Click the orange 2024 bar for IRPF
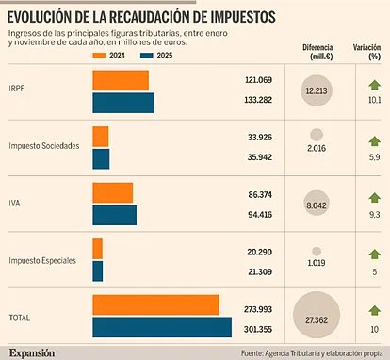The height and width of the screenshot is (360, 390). [x=120, y=81]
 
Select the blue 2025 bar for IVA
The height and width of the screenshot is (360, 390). [x=114, y=214]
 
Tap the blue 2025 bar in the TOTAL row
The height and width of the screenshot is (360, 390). [x=162, y=327]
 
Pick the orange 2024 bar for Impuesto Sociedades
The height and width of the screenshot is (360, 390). [x=100, y=137]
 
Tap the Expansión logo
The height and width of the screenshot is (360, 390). [x=32, y=352]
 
